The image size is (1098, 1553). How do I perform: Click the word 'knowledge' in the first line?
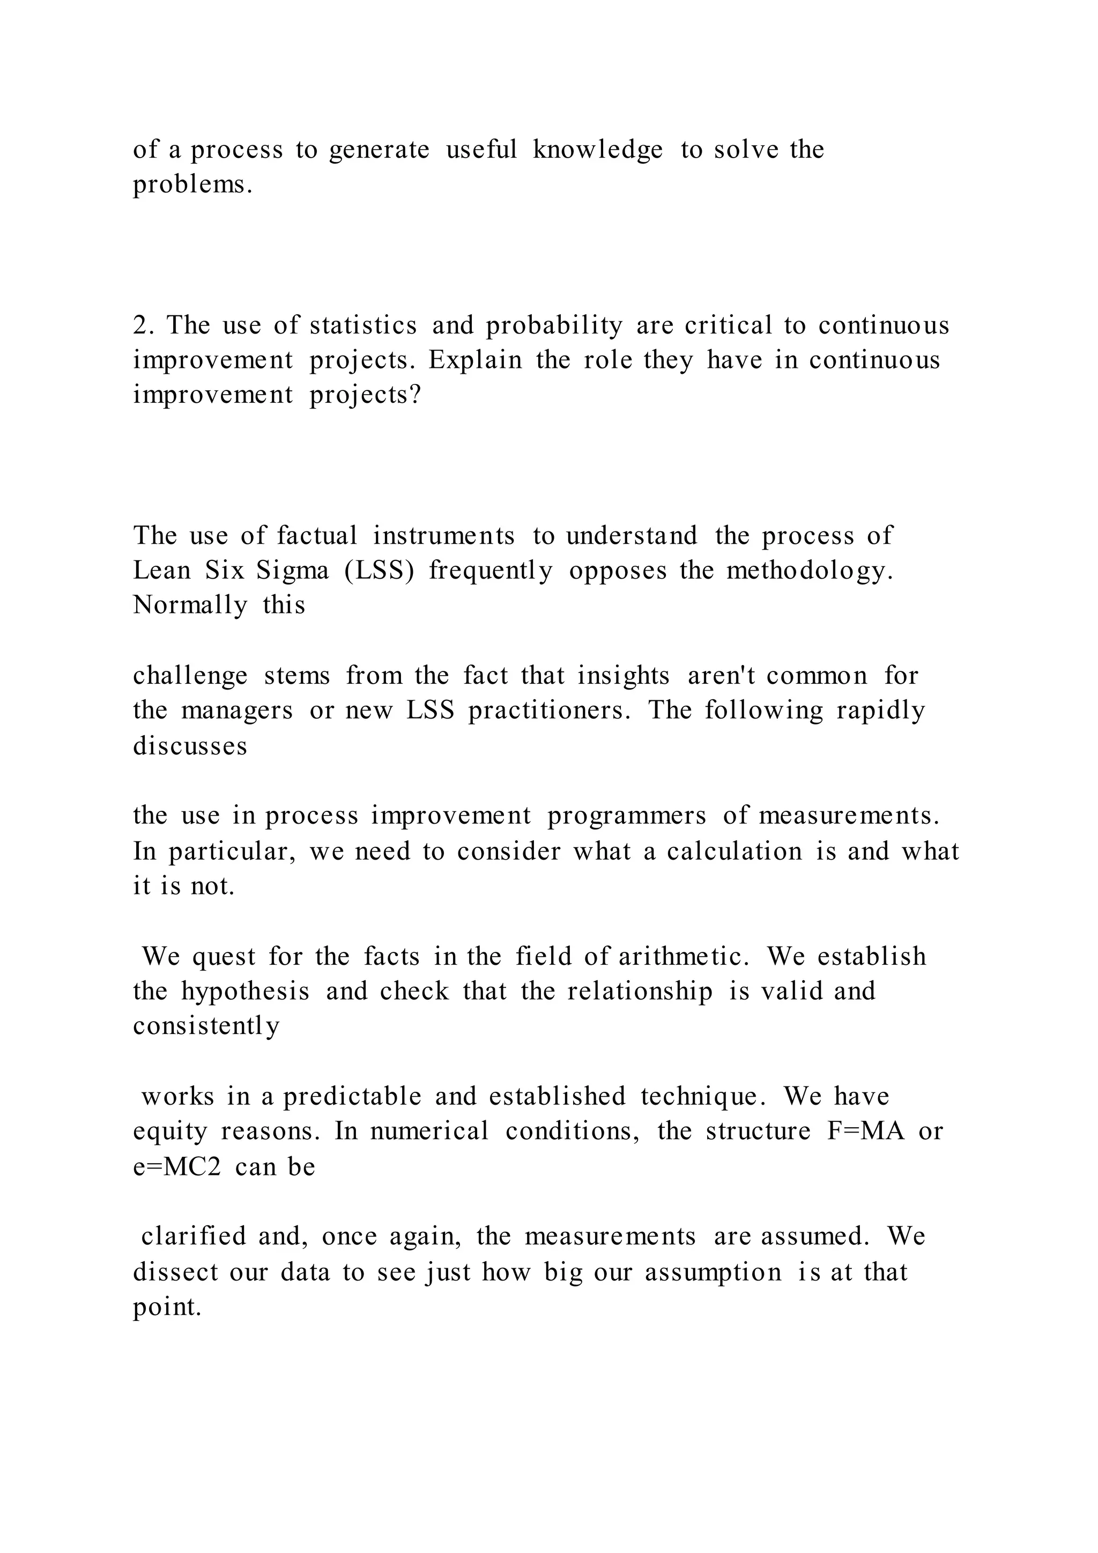[x=597, y=150]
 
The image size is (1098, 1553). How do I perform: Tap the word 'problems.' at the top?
[x=192, y=184]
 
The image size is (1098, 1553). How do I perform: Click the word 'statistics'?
[x=363, y=326]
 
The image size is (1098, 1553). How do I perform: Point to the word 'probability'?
[x=554, y=327]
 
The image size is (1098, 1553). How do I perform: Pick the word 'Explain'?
[x=476, y=360]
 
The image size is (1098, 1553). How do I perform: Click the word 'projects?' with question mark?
[x=365, y=395]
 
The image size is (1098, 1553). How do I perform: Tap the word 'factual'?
[x=316, y=536]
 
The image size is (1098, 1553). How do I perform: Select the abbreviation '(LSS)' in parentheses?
[x=379, y=571]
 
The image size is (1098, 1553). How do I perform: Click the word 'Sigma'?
[x=292, y=571]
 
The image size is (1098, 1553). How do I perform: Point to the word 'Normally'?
[x=190, y=605]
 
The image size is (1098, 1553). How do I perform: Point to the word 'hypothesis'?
[x=246, y=992]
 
